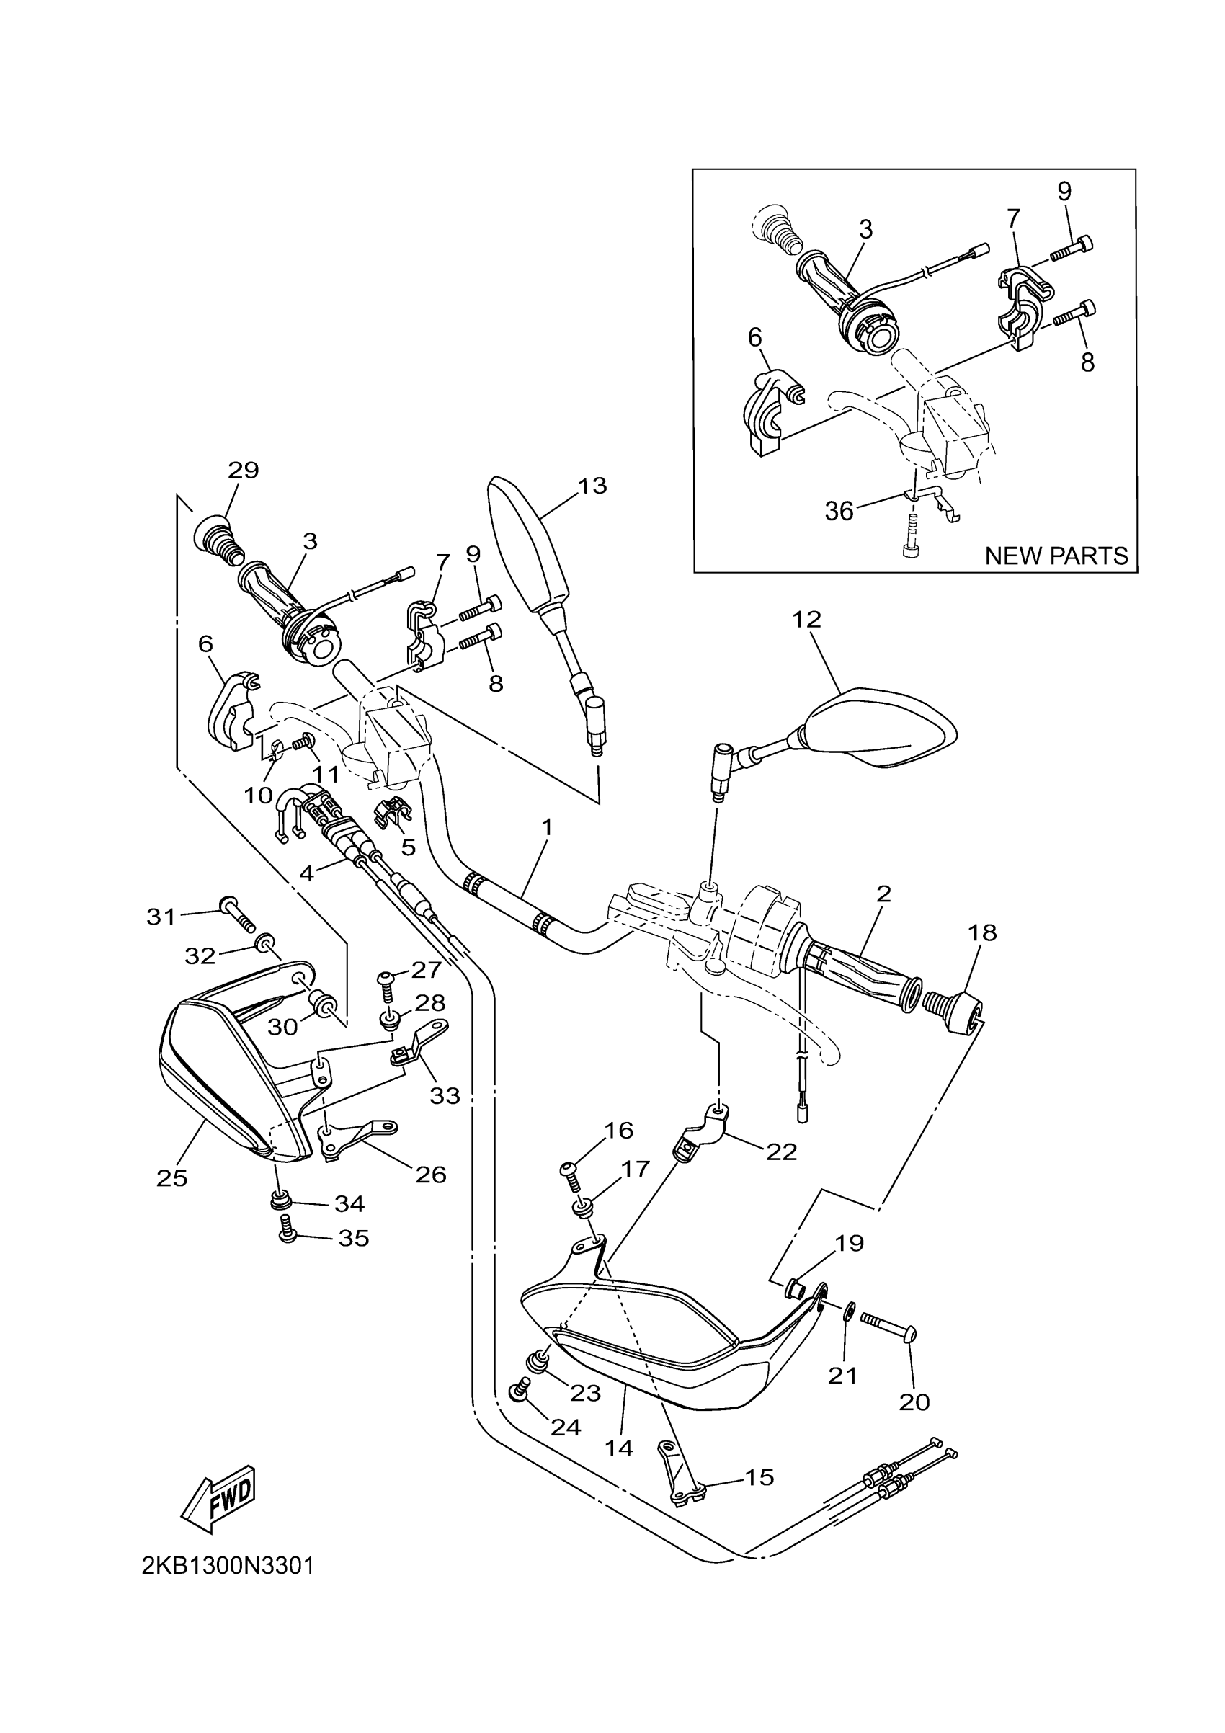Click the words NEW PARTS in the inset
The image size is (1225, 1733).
click(1056, 556)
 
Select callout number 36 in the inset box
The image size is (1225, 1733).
click(839, 512)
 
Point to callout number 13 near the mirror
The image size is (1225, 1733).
click(592, 486)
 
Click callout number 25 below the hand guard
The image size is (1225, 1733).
click(172, 1178)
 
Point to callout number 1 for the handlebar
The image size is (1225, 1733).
click(546, 827)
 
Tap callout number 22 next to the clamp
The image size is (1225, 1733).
click(782, 1151)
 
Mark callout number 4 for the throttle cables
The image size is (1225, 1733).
click(306, 873)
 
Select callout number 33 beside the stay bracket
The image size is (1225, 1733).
click(445, 1095)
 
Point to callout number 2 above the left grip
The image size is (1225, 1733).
click(884, 894)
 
